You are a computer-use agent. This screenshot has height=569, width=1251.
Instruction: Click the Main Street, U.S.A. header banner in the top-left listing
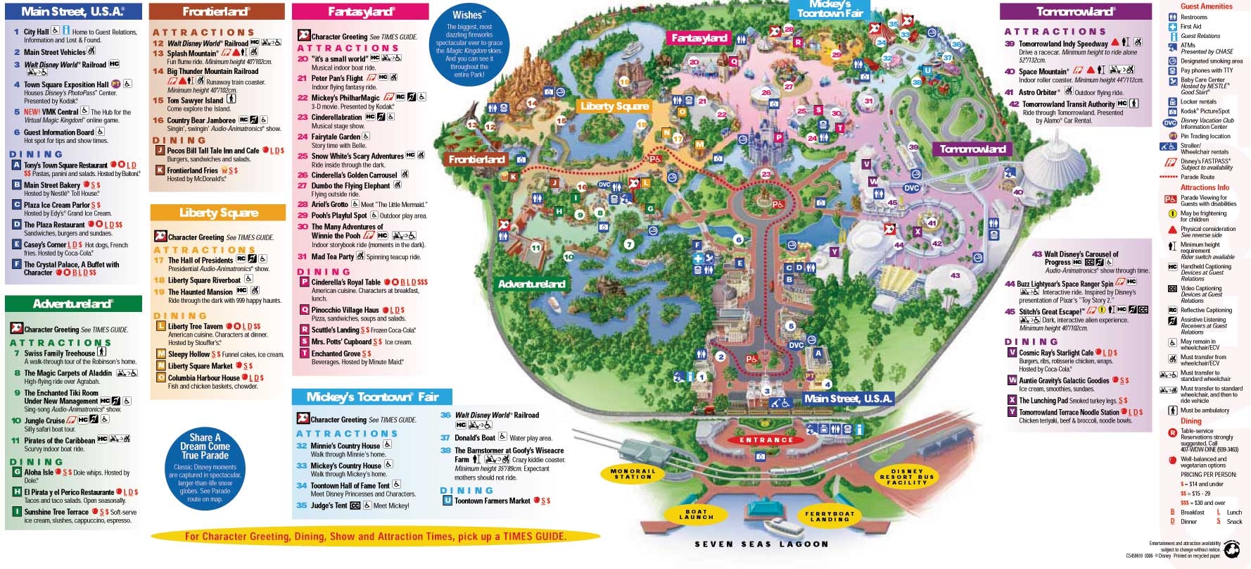72,11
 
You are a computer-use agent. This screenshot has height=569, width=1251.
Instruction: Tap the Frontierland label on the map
477,159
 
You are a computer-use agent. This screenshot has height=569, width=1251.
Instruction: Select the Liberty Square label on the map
614,106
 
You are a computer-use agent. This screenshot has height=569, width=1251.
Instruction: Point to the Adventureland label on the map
531,284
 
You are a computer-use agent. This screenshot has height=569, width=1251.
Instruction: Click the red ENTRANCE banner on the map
766,440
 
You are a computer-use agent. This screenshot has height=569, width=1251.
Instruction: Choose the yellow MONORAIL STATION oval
633,474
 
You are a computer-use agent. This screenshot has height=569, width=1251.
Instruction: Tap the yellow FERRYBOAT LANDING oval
830,516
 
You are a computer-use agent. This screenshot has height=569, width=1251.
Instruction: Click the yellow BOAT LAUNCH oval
696,515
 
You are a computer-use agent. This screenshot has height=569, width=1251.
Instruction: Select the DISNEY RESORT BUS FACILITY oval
907,477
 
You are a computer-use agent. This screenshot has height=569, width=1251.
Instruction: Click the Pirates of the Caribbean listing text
60,440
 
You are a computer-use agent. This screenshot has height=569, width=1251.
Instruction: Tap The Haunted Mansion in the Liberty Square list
200,292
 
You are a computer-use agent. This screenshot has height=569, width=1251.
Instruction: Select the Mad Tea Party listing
333,257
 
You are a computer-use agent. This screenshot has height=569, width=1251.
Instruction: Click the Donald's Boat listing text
475,437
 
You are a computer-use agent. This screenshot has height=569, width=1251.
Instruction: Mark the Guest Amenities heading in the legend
1206,6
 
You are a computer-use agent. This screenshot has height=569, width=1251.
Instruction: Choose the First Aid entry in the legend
1190,27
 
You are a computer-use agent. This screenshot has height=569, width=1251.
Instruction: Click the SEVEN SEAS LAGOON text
761,544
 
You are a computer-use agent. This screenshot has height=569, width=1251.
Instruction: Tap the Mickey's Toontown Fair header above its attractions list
372,397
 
